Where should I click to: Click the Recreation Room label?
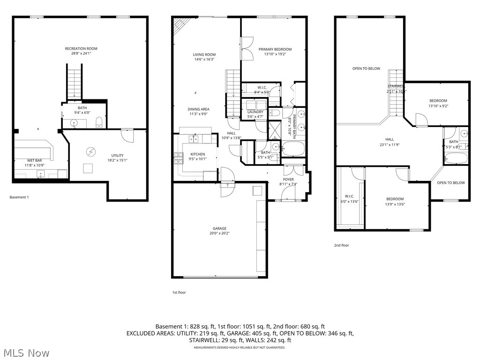pos(81,49)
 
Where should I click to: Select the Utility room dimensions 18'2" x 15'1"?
pos(117,160)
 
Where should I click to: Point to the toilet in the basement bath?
pos(99,123)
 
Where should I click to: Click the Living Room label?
pos(204,55)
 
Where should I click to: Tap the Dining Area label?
pos(198,109)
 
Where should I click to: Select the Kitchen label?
pos(197,154)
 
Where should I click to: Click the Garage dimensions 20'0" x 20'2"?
pos(219,233)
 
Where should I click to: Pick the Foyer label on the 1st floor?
pos(288,180)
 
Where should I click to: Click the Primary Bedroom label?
pos(275,49)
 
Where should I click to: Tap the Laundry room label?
pos(255,112)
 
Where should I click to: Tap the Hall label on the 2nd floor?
pos(390,139)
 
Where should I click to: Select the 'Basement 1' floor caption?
pos(19,197)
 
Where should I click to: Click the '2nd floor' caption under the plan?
pos(341,245)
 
